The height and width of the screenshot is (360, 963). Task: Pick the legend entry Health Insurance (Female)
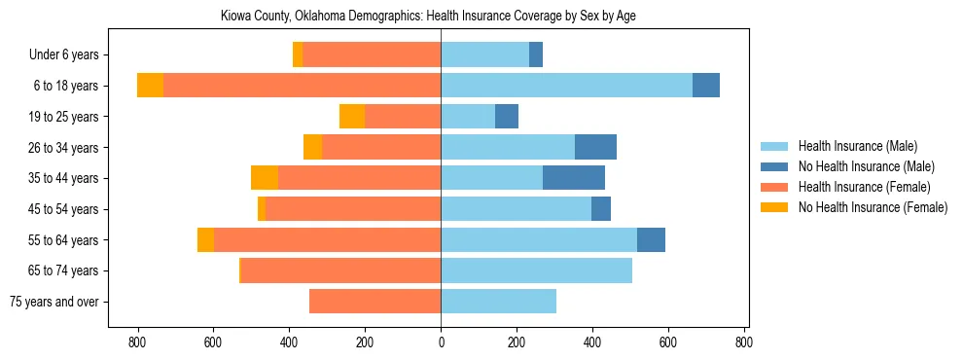864,187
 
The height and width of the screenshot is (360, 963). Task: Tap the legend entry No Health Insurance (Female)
872,207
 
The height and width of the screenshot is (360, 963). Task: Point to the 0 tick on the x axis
441,342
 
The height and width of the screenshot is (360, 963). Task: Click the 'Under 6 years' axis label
63,55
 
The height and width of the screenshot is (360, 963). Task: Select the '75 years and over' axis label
53,302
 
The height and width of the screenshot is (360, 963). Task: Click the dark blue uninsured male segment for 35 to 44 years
573,178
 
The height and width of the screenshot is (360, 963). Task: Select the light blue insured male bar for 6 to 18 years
566,86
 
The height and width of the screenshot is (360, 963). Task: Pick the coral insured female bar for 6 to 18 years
302,86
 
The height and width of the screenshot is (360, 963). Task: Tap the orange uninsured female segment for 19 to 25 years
352,117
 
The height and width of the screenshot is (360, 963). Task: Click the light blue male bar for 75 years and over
498,302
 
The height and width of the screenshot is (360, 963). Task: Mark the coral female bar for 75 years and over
374,302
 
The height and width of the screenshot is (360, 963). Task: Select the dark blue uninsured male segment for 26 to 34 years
595,147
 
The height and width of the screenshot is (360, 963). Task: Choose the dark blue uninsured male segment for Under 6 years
536,55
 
